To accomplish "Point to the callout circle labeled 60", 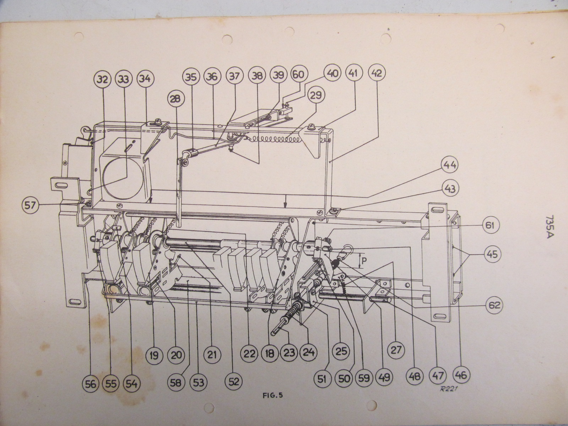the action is coord(300,75).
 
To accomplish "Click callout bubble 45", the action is coord(492,254).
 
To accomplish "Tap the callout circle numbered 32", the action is coord(103,79).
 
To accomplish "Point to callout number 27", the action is coord(396,350).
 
